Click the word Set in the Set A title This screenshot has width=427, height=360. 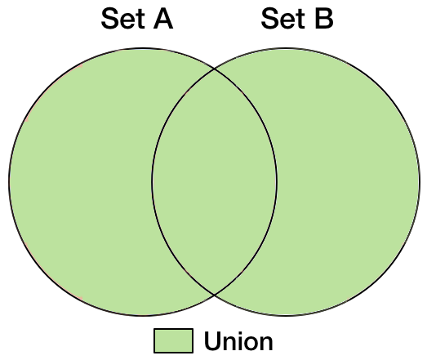coord(122,19)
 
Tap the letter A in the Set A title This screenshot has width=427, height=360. coord(163,19)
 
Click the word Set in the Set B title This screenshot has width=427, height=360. coord(283,19)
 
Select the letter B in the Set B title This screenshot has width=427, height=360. coord(324,19)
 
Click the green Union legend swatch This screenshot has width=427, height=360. coord(173,340)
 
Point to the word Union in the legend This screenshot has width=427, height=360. coord(238,341)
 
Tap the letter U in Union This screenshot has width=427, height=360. coord(213,341)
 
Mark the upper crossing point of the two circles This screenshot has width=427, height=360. coord(215,69)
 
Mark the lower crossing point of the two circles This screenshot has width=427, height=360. coord(215,295)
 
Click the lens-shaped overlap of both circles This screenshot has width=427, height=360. coord(215,182)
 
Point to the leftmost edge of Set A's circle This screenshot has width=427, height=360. coord(9,182)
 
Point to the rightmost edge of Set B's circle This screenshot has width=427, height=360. coord(420,182)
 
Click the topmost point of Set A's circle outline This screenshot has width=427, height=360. coord(143,49)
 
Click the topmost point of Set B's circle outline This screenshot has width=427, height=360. coord(286,49)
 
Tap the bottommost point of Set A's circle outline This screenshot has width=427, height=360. coord(143,316)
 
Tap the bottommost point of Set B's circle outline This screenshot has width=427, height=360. coord(286,316)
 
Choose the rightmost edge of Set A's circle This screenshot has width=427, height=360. coord(277,182)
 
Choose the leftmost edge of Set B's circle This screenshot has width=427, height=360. coord(152,182)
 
